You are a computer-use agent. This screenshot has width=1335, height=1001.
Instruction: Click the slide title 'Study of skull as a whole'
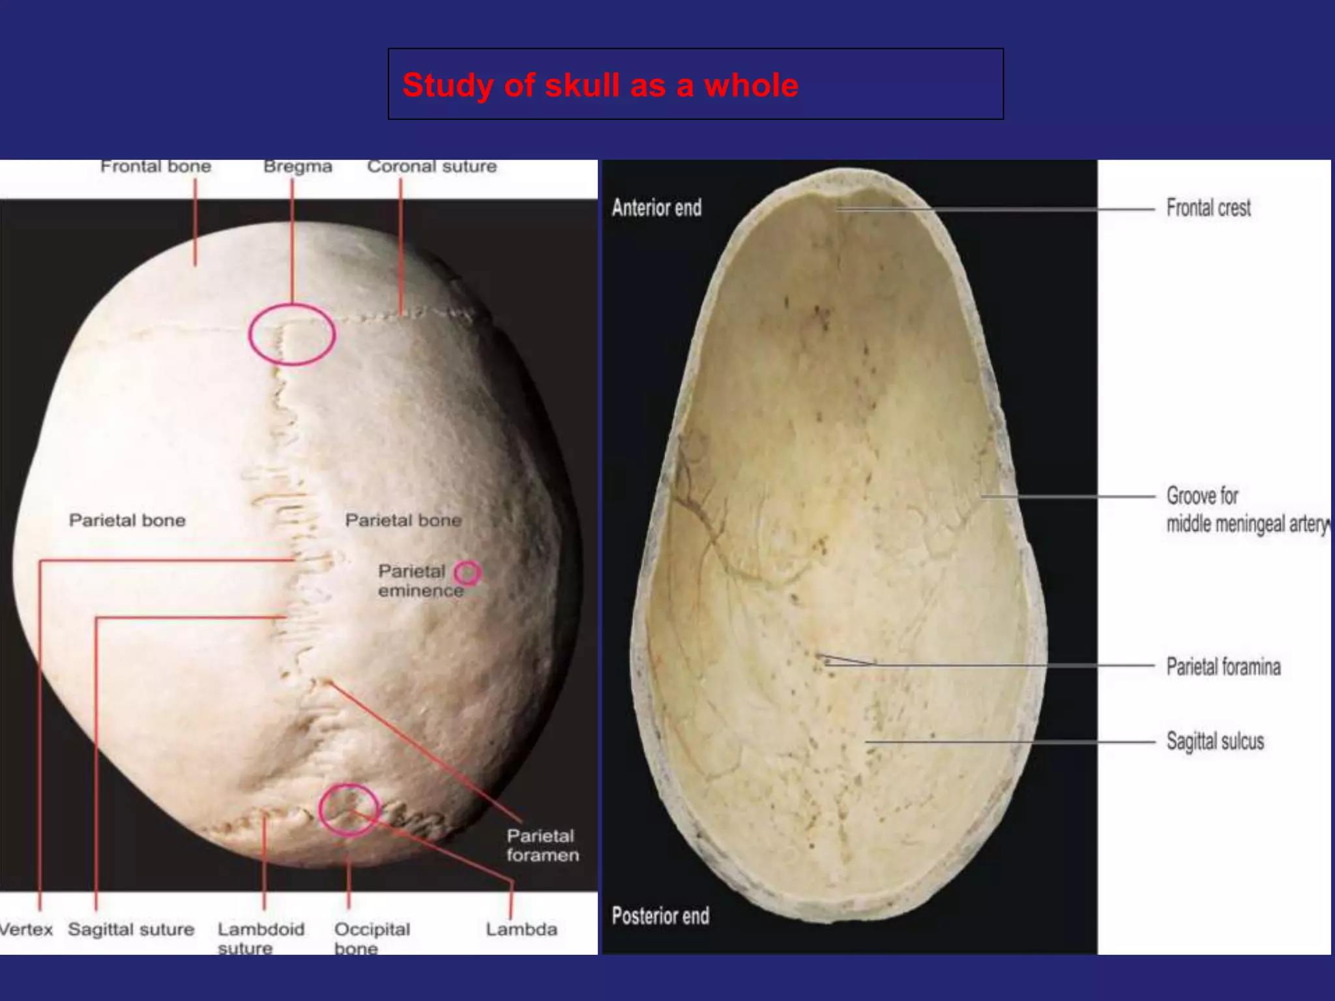click(600, 85)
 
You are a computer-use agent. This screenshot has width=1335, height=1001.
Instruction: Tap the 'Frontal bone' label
click(156, 167)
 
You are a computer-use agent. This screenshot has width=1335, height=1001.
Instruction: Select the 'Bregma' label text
click(298, 167)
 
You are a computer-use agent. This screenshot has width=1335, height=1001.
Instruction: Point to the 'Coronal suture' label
click(432, 167)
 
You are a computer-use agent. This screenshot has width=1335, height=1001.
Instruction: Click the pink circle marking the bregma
click(292, 334)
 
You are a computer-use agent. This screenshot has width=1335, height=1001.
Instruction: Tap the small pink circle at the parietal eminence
click(467, 573)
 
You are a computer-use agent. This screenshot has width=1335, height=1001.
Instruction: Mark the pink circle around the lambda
click(349, 809)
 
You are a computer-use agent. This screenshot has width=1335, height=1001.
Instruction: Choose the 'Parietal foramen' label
click(542, 845)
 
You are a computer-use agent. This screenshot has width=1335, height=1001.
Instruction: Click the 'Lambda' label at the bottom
click(521, 929)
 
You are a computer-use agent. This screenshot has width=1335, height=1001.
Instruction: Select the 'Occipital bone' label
click(372, 938)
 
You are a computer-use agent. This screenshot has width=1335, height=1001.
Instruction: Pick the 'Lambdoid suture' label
click(261, 938)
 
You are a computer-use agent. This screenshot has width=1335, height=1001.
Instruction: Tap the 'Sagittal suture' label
click(131, 929)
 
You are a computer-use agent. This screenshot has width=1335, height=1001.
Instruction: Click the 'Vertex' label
click(26, 929)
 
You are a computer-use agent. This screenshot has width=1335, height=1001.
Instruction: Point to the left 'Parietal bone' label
click(127, 520)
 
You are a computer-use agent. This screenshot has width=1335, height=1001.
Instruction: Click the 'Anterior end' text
click(656, 208)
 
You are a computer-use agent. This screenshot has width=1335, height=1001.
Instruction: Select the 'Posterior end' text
click(660, 916)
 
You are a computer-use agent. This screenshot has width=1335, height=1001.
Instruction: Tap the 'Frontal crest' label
click(1208, 208)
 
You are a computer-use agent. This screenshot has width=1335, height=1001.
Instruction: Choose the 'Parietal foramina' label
click(1223, 667)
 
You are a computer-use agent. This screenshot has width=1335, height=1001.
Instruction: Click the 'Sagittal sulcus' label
click(1214, 741)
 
